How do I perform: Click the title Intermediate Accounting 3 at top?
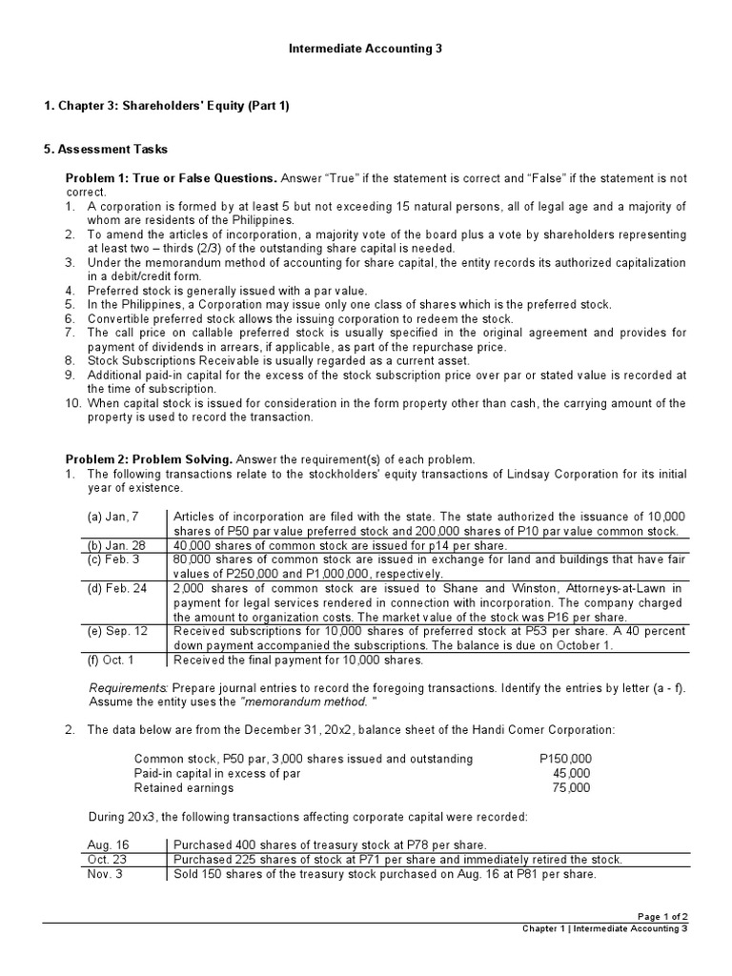pos(366,48)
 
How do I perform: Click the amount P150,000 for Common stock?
pos(564,759)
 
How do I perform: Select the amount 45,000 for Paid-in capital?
pos(572,773)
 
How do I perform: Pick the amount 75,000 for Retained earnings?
pos(572,787)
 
